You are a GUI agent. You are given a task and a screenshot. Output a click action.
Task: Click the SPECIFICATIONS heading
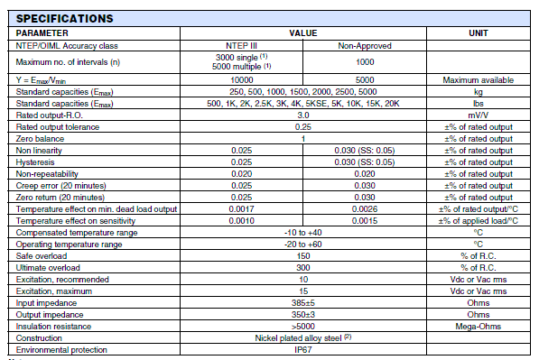(64, 18)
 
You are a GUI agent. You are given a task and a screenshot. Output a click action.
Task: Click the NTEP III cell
(241, 44)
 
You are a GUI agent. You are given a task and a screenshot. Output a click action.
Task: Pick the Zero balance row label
(41, 138)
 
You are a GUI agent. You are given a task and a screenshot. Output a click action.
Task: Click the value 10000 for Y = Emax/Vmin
(241, 79)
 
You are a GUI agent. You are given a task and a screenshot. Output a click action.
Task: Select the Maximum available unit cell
(479, 79)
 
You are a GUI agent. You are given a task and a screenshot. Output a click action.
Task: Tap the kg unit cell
(479, 91)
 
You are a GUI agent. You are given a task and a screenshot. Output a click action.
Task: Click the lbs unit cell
(479, 103)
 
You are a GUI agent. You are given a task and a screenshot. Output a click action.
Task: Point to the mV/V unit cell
(479, 115)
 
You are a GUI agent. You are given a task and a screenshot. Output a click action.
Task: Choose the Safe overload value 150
(303, 255)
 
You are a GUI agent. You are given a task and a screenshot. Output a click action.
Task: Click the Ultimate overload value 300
(303, 267)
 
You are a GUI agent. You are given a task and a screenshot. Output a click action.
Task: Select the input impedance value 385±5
(303, 302)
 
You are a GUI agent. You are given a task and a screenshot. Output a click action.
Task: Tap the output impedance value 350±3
(303, 314)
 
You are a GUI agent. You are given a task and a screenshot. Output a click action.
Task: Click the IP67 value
(303, 349)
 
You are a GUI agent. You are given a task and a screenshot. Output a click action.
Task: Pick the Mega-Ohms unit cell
(479, 326)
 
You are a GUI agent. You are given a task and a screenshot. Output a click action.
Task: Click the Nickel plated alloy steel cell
(303, 337)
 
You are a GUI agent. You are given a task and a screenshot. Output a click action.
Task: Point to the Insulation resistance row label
(53, 326)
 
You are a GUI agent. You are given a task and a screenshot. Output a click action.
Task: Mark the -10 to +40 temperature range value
(303, 232)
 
